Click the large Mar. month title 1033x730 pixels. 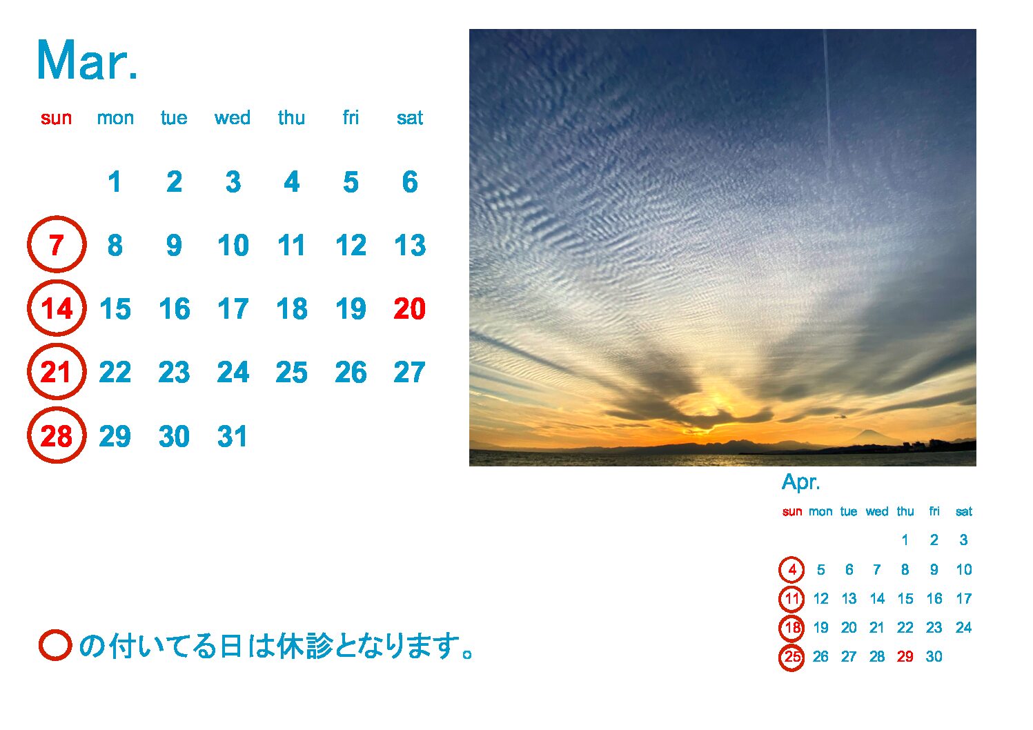coord(87,61)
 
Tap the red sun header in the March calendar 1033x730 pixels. coord(57,119)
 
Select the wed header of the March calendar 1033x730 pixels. coord(233,118)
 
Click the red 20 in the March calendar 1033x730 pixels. coord(409,308)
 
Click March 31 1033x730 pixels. coord(232,436)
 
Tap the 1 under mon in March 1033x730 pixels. coord(115,181)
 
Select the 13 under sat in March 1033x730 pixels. coord(410,245)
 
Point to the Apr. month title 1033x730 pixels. coord(800,482)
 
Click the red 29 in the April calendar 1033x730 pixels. coord(905,656)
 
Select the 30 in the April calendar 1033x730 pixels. coord(934,656)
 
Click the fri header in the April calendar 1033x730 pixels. coord(934,511)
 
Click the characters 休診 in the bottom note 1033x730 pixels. coord(304,646)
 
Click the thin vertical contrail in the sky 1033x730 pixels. coord(828,97)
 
